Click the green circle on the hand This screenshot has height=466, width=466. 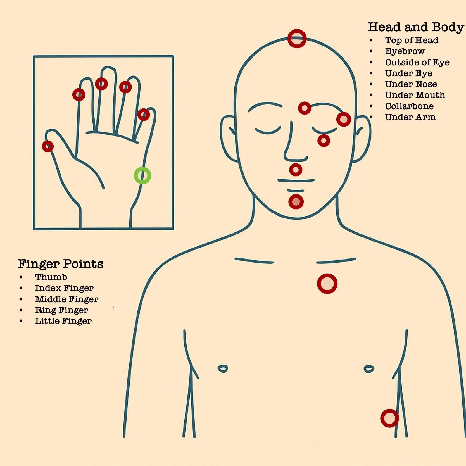click(x=142, y=175)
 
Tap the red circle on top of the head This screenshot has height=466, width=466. click(x=297, y=39)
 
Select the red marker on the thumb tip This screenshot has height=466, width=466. click(x=47, y=146)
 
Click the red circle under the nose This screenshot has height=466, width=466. click(x=296, y=170)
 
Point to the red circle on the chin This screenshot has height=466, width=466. click(x=296, y=201)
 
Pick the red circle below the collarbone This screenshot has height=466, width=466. click(x=327, y=284)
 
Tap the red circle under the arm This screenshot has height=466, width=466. click(x=389, y=418)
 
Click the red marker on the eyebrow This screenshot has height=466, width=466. click(x=305, y=108)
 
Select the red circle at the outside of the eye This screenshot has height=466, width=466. click(x=344, y=119)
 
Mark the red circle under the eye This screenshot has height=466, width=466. click(x=324, y=141)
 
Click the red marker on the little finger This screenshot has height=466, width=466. click(x=144, y=115)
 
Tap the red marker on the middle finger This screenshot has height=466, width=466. click(x=101, y=84)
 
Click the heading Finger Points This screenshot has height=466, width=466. click(x=61, y=264)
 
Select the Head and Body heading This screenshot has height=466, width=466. click(x=416, y=27)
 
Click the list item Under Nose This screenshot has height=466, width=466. click(x=411, y=84)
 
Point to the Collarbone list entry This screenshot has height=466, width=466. click(x=409, y=106)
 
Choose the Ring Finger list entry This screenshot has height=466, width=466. click(x=61, y=310)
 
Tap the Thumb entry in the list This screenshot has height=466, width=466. click(x=51, y=277)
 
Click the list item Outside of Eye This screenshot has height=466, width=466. click(x=417, y=62)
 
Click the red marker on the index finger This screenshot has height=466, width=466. click(x=79, y=95)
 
